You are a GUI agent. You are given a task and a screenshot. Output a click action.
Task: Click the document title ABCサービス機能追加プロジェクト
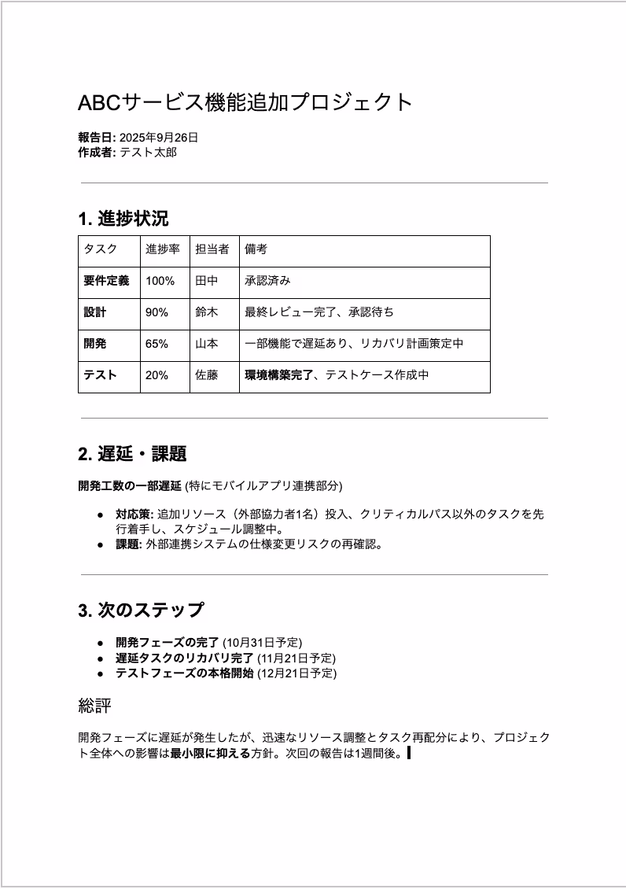[x=245, y=102]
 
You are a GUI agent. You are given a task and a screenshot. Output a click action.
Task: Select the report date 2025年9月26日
[x=159, y=138]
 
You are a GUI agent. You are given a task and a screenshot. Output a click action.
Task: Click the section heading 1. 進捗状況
[x=123, y=219]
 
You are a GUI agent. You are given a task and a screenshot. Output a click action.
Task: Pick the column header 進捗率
[x=162, y=249]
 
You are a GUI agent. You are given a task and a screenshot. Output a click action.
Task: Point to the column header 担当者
[x=212, y=249]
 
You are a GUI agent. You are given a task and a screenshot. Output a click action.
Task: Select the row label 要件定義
[x=106, y=281]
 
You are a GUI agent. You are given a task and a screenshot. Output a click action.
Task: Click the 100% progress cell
[x=160, y=281]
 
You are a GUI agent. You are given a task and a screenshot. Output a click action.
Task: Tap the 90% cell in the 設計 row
[x=156, y=312]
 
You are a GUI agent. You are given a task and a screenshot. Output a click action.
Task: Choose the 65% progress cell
[x=156, y=344]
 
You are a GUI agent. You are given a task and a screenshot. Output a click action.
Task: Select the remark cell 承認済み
[x=267, y=281]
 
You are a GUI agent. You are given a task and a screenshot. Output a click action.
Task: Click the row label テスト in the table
[x=100, y=375]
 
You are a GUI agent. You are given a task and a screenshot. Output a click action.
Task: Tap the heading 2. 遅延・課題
[x=132, y=454]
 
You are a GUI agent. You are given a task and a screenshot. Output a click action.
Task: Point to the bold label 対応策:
[x=134, y=515]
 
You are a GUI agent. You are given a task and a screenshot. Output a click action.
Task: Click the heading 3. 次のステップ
[x=141, y=610]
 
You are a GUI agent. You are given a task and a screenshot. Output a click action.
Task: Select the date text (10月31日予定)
[x=262, y=643]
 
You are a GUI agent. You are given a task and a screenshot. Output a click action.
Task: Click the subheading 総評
[x=94, y=706]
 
